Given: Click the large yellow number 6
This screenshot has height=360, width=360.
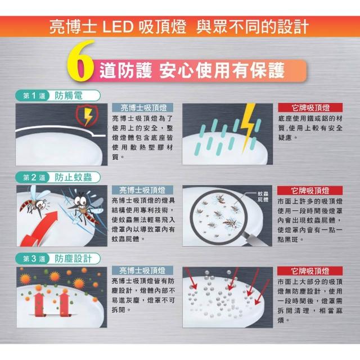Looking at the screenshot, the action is pyautogui.click(x=81, y=61).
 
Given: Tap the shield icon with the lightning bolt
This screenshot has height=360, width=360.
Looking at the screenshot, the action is pyautogui.click(x=87, y=115).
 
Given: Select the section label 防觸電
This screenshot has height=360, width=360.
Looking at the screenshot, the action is pyautogui.click(x=69, y=96).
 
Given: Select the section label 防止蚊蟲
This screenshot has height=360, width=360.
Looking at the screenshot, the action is pyautogui.click(x=73, y=177).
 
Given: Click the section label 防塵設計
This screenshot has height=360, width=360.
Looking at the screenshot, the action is pyautogui.click(x=73, y=259).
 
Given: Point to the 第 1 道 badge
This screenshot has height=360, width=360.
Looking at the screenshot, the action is pyautogui.click(x=34, y=96).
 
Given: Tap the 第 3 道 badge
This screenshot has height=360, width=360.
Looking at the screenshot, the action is pyautogui.click(x=34, y=259).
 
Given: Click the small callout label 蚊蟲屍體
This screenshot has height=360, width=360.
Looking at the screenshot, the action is pyautogui.click(x=263, y=197).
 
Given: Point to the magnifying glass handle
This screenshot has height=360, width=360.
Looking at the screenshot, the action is pyautogui.click(x=256, y=239).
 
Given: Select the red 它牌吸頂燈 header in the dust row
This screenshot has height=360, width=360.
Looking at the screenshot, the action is pyautogui.click(x=310, y=271).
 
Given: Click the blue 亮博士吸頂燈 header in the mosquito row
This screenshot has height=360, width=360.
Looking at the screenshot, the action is pyautogui.click(x=142, y=190).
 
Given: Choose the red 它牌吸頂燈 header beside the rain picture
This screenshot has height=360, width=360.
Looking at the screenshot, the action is pyautogui.click(x=310, y=107).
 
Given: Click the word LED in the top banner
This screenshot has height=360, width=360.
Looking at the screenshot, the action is pyautogui.click(x=118, y=27).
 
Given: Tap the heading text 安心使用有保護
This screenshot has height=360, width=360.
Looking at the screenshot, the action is pyautogui.click(x=222, y=70).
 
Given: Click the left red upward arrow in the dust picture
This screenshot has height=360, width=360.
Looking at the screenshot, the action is pyautogui.click(x=39, y=304).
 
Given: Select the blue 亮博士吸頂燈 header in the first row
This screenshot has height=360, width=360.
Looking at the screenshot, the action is pyautogui.click(x=143, y=107).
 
